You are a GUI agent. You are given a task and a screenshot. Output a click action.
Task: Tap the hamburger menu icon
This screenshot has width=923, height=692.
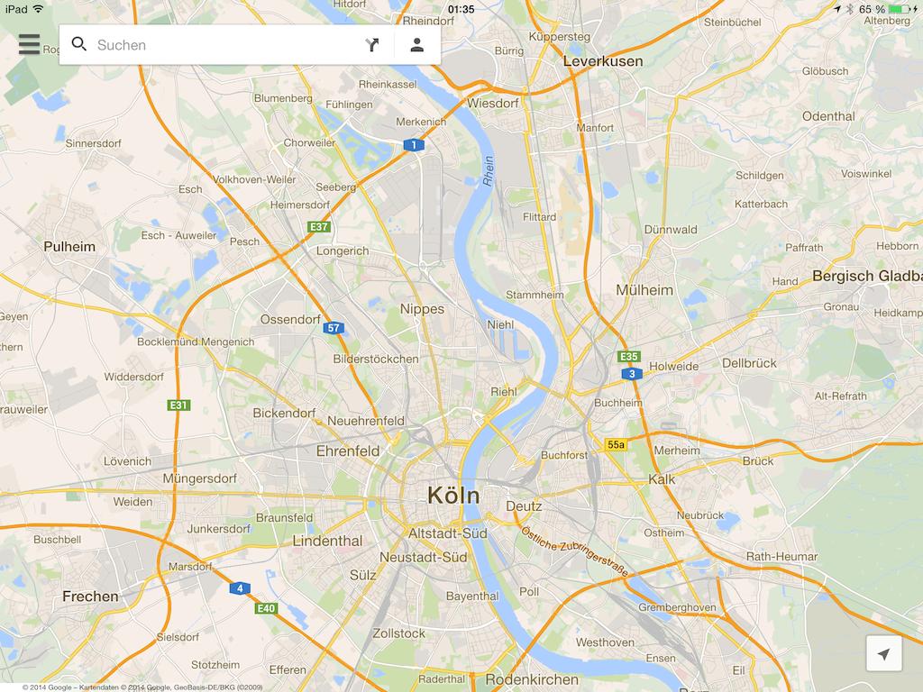(x=29, y=44)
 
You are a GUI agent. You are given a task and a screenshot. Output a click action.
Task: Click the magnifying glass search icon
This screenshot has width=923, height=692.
(x=79, y=44)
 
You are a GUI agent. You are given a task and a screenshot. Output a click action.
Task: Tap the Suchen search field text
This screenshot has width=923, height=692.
(x=122, y=45)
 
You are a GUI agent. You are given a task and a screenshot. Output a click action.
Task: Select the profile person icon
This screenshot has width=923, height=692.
(x=416, y=45)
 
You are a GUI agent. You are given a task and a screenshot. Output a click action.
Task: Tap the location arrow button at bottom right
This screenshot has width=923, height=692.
(x=883, y=654)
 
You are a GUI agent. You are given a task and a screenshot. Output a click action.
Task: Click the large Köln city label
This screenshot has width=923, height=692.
(x=453, y=496)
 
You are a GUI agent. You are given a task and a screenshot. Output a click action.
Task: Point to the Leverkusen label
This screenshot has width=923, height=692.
(x=603, y=61)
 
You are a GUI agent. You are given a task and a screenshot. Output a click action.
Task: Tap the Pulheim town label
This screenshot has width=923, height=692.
(x=69, y=246)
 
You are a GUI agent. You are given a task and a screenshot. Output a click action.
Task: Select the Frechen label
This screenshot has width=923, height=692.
(x=90, y=596)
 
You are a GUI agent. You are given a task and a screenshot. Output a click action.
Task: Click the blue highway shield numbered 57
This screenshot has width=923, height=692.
(x=334, y=328)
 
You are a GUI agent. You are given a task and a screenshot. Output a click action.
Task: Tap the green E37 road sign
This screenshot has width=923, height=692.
(x=318, y=227)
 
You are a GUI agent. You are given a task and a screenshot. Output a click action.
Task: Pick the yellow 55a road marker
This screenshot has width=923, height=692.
(x=616, y=444)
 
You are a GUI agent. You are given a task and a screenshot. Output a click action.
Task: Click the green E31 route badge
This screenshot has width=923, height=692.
(x=178, y=405)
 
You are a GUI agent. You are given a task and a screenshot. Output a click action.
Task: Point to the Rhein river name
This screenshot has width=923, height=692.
(x=489, y=171)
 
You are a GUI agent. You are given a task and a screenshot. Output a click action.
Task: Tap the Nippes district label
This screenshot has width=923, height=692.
(x=422, y=309)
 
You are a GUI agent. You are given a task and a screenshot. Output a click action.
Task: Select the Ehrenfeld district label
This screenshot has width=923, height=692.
(x=348, y=451)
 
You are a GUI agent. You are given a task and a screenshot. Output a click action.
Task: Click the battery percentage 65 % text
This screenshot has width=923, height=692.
(x=872, y=9)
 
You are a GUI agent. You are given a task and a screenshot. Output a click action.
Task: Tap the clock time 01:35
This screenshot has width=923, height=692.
(x=461, y=9)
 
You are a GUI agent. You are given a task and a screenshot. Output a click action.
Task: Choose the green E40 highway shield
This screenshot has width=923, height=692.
(x=265, y=609)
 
